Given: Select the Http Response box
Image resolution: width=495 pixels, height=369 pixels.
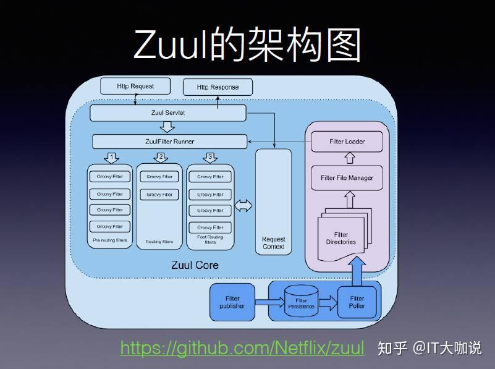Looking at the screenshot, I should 217,87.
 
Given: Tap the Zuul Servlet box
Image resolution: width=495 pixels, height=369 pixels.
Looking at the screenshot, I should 167,113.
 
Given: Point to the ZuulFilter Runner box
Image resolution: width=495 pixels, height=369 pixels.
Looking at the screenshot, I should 169,142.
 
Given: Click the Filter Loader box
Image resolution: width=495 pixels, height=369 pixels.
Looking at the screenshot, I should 347,142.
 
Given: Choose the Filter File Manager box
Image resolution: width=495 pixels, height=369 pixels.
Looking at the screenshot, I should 347,178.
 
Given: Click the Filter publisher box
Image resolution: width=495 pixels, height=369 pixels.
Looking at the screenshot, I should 232,302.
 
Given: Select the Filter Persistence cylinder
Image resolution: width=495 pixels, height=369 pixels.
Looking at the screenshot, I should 301,303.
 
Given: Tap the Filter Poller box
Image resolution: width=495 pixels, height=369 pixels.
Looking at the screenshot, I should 357,302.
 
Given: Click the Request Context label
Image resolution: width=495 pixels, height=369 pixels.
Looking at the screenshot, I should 273,243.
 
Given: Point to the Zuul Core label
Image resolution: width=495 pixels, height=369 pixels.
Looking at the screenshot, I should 195,265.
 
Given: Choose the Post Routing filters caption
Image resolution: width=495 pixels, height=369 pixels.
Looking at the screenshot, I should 210,240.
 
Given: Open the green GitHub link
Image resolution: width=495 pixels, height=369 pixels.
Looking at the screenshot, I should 242,347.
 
